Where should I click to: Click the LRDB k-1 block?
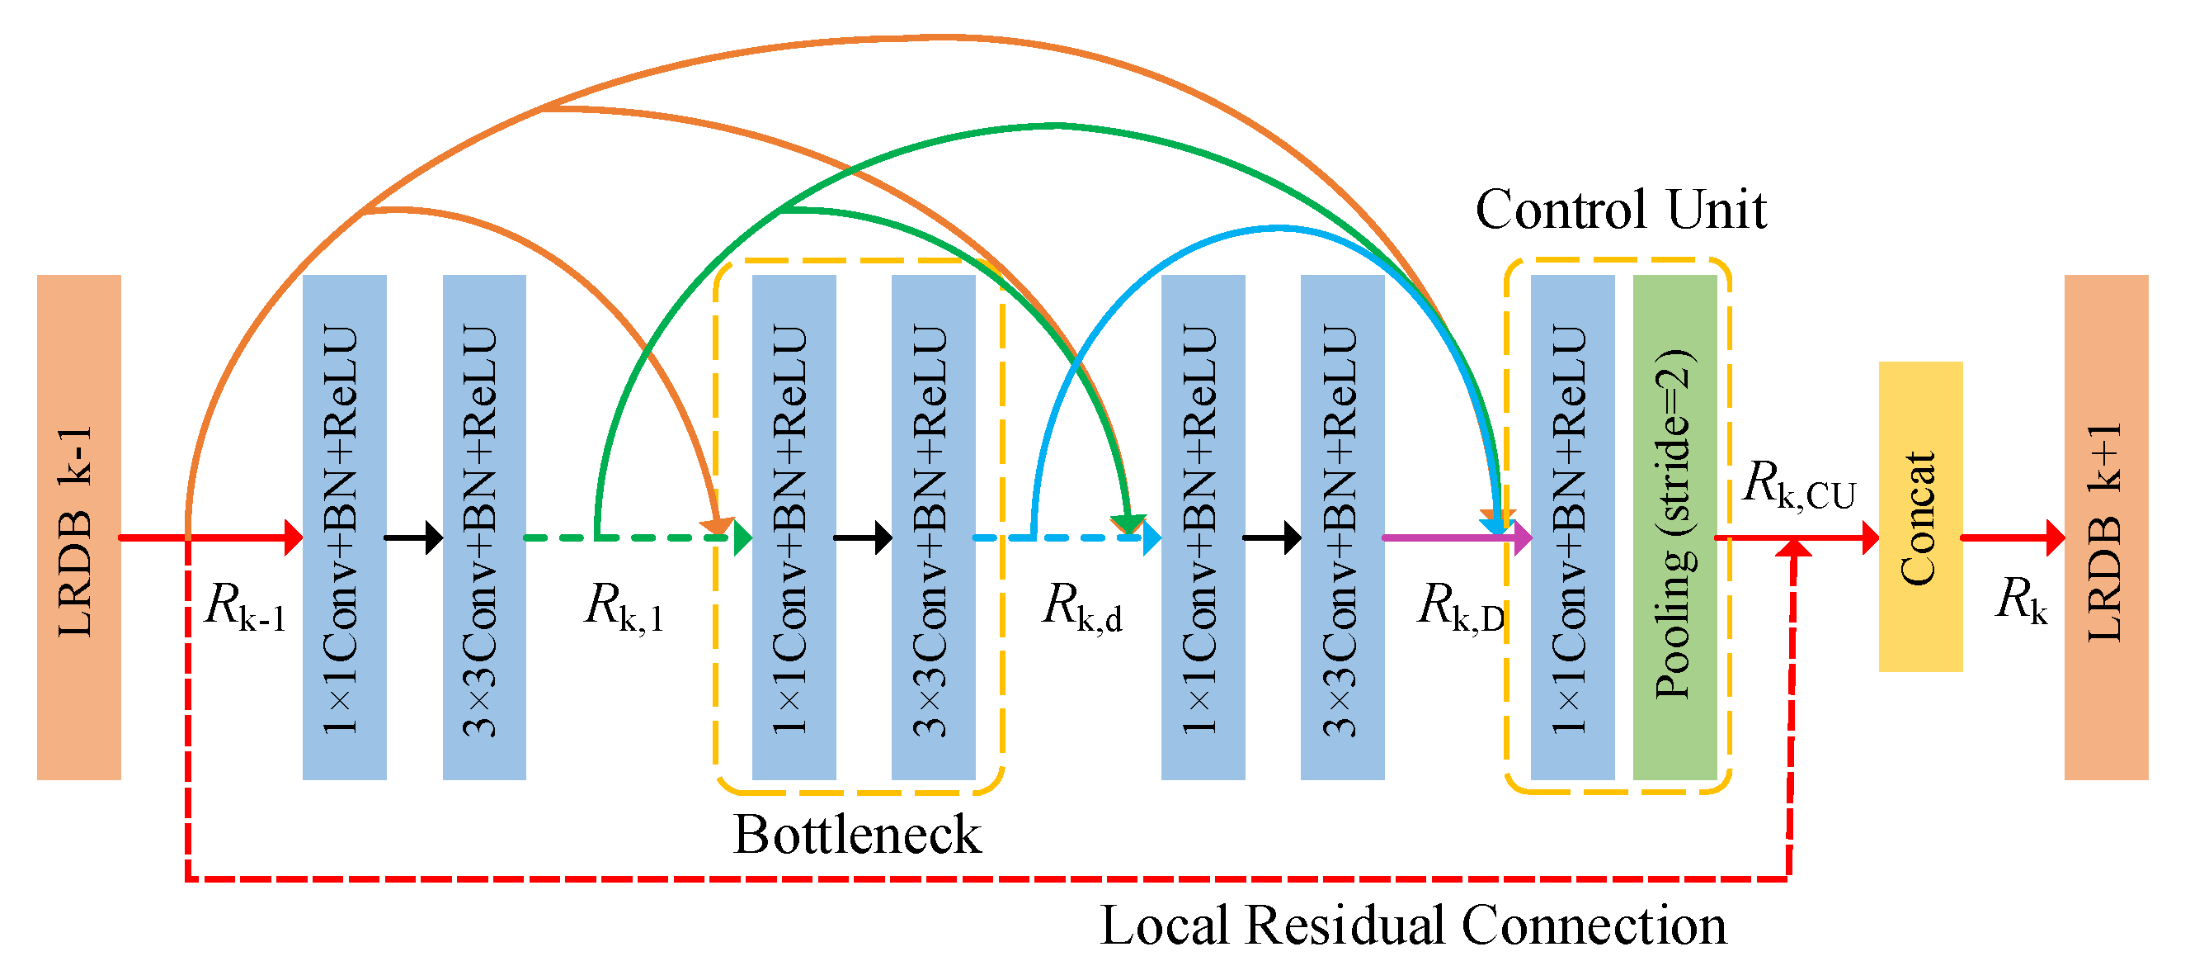click(x=78, y=527)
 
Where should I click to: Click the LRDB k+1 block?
click(x=2106, y=527)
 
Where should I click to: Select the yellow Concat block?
click(x=1919, y=516)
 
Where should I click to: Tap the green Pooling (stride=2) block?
click(x=1674, y=527)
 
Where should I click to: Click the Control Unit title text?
click(x=1620, y=209)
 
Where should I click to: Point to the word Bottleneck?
click(x=857, y=835)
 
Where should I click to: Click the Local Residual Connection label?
click(x=1413, y=926)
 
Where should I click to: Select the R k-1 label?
click(x=245, y=606)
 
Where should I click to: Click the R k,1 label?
click(x=623, y=608)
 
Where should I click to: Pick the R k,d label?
click(x=1081, y=608)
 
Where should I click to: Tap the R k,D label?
click(x=1459, y=608)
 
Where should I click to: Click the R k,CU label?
click(x=1798, y=485)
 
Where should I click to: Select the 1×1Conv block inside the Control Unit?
click(x=1572, y=527)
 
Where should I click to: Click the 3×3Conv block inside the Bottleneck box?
click(x=933, y=527)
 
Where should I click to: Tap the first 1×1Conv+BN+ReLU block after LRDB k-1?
click(x=344, y=527)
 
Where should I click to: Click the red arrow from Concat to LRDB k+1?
click(x=2012, y=537)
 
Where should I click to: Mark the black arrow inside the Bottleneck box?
click(x=862, y=537)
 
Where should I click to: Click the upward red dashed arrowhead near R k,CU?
click(x=1794, y=549)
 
